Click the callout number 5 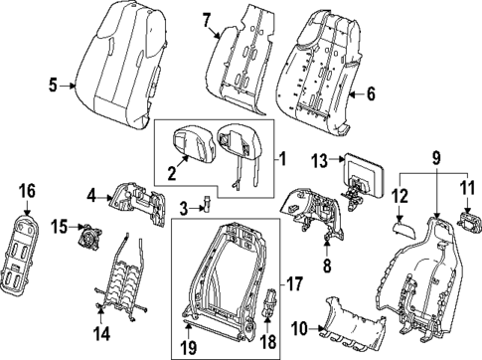(55, 86)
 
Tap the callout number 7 (207, 19)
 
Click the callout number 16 (27, 189)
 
